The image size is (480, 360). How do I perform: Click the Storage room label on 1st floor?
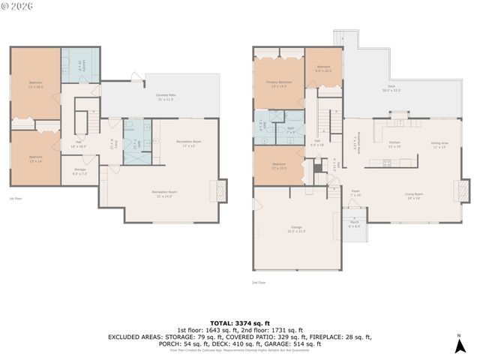click(79, 171)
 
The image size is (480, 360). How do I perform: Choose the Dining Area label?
click(439, 144)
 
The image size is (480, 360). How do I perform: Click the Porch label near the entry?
click(354, 224)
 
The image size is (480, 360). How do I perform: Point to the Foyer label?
click(355, 192)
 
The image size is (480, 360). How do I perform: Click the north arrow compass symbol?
click(459, 345)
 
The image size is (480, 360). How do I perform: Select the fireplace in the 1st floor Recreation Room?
click(221, 190)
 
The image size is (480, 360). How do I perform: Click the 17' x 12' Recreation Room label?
click(186, 143)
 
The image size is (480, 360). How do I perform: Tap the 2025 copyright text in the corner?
click(16, 6)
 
